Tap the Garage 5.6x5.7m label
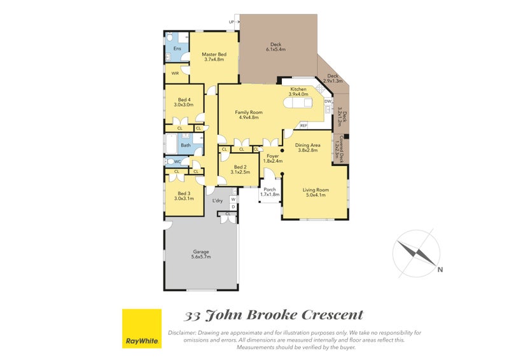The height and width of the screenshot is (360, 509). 201,254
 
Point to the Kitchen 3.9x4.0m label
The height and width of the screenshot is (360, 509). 298,92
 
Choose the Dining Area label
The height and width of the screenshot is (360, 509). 308,148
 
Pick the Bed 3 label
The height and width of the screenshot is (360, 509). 185,197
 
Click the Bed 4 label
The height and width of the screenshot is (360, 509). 185,102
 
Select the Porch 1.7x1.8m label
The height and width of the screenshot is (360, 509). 270,192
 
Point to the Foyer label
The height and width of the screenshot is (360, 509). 272,158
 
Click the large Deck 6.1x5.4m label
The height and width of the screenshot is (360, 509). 275,46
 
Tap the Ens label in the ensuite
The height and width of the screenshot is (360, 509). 177,48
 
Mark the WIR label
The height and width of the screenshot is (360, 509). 175,74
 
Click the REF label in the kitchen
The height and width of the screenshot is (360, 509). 303,125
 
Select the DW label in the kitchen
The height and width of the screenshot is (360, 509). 328,101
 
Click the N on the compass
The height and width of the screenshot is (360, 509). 440,270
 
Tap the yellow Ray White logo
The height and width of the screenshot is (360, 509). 141,328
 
